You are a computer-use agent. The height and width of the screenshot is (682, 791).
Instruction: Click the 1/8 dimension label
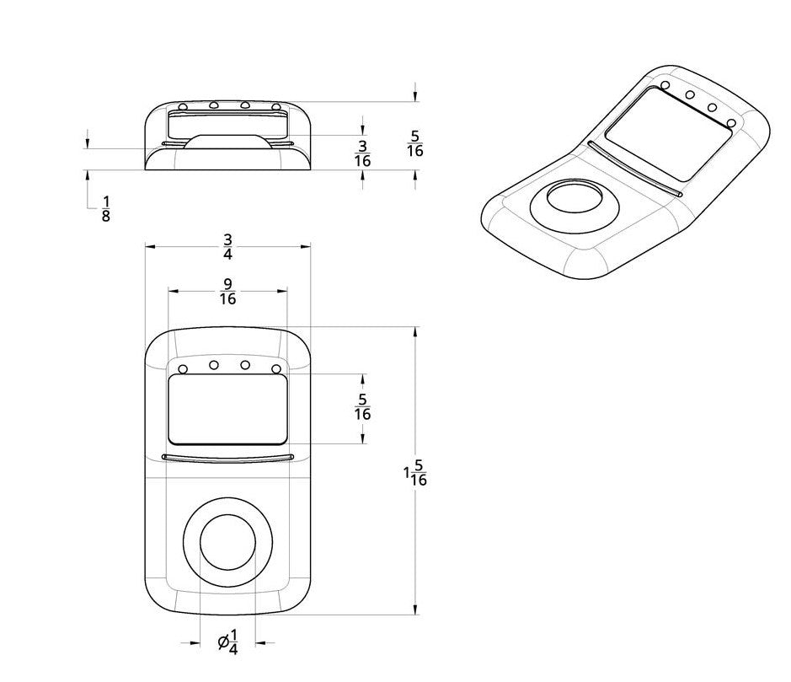[x=105, y=208]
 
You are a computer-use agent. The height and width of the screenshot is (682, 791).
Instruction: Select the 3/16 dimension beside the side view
[x=362, y=152]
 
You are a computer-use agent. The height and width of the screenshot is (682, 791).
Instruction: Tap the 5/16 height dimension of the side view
[x=414, y=144]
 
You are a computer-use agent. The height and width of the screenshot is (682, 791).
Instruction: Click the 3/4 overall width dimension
[x=227, y=246]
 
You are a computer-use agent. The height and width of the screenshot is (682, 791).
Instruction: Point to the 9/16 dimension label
[x=227, y=291]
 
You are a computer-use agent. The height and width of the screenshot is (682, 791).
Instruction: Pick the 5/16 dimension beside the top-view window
[x=363, y=407]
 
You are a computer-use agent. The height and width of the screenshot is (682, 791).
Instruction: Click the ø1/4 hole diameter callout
[x=227, y=642]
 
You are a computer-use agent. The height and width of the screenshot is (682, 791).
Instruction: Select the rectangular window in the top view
[x=227, y=409]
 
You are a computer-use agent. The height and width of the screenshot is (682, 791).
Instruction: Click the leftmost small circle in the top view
[x=183, y=369]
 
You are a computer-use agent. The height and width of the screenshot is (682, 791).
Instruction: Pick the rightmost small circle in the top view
[x=276, y=369]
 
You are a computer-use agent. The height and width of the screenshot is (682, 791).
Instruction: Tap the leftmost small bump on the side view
[x=182, y=107]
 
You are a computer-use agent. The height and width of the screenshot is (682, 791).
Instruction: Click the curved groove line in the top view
[x=227, y=458]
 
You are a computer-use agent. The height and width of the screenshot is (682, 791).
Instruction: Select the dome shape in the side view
[x=227, y=141]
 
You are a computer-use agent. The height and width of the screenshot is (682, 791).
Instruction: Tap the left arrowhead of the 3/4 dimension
[x=151, y=246]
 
